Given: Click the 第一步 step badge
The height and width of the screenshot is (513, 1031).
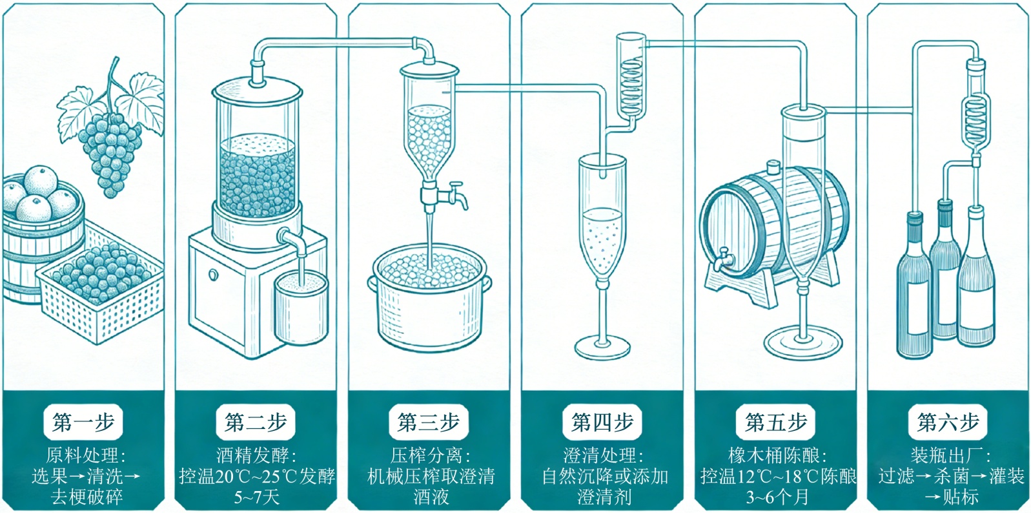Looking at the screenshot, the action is [83, 423].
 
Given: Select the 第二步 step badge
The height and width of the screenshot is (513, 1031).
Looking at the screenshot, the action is [256, 423].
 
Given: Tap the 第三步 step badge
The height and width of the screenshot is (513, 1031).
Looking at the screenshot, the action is [429, 423].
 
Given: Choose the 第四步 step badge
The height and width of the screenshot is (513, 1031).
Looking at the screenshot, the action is [602, 423].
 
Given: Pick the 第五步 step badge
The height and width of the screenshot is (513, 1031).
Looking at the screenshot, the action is [775, 423].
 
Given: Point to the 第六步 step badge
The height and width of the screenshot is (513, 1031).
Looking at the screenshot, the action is [948, 423].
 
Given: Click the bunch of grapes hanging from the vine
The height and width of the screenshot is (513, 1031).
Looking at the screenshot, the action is [111, 152].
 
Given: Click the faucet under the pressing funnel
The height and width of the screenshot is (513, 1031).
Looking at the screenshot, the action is [445, 194].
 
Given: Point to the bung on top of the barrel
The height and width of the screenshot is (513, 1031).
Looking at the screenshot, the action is [773, 169].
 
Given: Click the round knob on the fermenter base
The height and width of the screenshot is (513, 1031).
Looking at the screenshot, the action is [213, 275].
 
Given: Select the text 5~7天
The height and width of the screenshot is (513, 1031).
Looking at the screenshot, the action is [256, 497].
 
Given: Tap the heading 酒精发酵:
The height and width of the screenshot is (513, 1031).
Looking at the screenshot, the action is [256, 455].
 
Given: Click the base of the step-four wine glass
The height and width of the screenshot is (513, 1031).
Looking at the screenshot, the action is [602, 348].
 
